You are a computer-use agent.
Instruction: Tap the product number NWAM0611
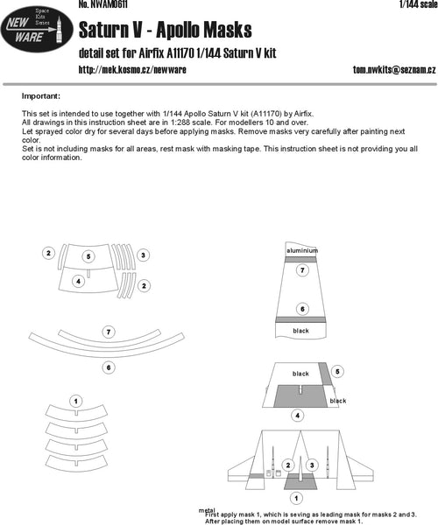(102, 5)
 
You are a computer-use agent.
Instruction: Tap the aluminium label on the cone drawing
(301, 250)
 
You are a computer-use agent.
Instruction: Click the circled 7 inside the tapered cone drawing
(301, 271)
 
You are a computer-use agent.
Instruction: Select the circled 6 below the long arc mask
(108, 367)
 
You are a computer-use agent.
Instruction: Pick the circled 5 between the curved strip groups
(88, 256)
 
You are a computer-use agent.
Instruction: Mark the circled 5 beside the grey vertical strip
(338, 372)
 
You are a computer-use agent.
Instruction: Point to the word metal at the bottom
(208, 509)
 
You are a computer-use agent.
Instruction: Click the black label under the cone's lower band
(301, 331)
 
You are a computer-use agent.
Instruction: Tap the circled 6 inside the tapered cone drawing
(301, 309)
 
